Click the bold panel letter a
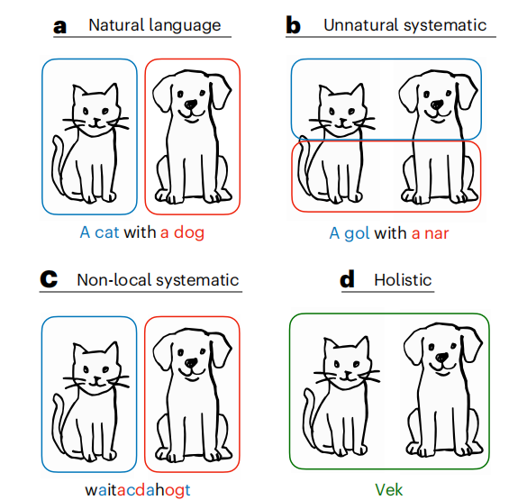(59, 26)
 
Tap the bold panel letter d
(347, 280)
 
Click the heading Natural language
(155, 25)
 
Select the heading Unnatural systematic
(405, 25)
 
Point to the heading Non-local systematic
(158, 280)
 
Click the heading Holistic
(403, 280)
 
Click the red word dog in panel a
(189, 232)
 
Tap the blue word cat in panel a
(107, 232)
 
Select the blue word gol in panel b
(357, 233)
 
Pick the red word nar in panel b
(437, 233)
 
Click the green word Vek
(389, 489)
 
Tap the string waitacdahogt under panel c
(138, 490)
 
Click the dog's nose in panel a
(191, 105)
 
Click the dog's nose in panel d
(441, 358)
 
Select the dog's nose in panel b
(437, 105)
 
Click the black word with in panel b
(390, 232)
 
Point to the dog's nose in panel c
(191, 362)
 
